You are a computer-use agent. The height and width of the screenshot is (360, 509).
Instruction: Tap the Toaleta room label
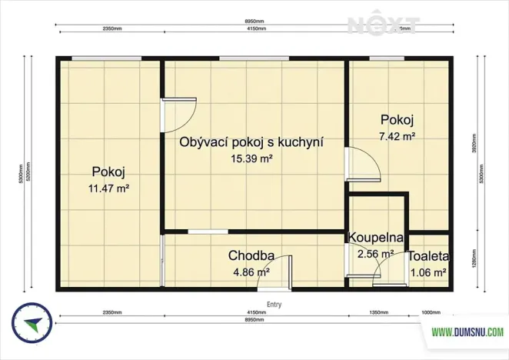[x=428, y=256]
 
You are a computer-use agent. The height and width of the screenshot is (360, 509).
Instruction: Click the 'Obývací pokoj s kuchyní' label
[x=251, y=142]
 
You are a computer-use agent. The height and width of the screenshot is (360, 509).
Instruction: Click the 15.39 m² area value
[x=251, y=158]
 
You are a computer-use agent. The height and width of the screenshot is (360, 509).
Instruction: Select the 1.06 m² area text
[x=428, y=272]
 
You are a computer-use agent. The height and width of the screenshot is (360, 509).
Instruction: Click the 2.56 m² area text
[x=375, y=253]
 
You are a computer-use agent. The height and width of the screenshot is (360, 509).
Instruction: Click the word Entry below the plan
[x=273, y=305]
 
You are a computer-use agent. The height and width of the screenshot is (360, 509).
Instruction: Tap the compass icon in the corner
[x=31, y=324]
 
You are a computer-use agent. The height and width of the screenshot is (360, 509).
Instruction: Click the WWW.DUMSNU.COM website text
[x=467, y=332]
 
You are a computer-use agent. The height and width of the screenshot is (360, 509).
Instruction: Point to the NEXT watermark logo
[x=383, y=24]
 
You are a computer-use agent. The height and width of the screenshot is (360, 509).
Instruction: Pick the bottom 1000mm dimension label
[x=432, y=313]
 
